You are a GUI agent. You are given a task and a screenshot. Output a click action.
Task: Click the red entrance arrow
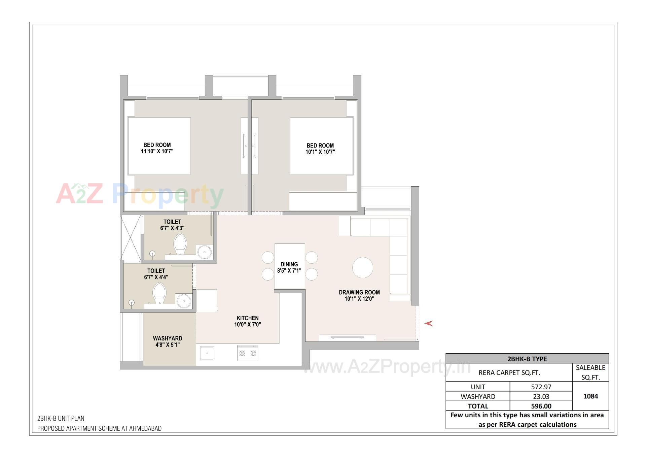pyautogui.click(x=429, y=323)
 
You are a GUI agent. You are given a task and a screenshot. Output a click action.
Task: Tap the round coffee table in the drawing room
pyautogui.click(x=362, y=268)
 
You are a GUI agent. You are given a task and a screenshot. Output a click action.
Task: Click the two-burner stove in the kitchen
pyautogui.click(x=247, y=353)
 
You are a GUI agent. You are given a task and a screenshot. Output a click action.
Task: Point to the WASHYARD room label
pyautogui.click(x=168, y=338)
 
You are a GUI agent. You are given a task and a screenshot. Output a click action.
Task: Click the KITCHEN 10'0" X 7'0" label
pyautogui.click(x=248, y=321)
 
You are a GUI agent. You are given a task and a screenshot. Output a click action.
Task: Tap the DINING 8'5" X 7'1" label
pyautogui.click(x=289, y=267)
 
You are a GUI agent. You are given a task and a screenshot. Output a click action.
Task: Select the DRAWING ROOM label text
pyautogui.click(x=359, y=292)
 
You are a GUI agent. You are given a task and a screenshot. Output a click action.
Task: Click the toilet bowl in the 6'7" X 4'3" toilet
pyautogui.click(x=180, y=244)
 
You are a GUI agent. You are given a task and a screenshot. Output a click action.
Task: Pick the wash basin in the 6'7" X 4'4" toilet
pyautogui.click(x=184, y=300)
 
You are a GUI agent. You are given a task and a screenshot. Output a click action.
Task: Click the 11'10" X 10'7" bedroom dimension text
pyautogui.click(x=157, y=151)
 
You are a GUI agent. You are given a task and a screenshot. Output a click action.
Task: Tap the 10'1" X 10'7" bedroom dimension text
pyautogui.click(x=320, y=152)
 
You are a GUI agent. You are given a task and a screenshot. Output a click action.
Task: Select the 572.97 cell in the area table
pyautogui.click(x=541, y=387)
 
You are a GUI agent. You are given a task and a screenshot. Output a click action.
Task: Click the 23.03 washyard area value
pyautogui.click(x=541, y=396)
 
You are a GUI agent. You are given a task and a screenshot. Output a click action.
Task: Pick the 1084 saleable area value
pyautogui.click(x=590, y=396)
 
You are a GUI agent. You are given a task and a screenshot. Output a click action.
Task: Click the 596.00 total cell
pyautogui.click(x=541, y=406)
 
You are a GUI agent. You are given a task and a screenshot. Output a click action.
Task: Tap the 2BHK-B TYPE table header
pyautogui.click(x=527, y=359)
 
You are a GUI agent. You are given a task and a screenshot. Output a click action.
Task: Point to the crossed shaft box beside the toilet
pyautogui.click(x=131, y=237)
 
